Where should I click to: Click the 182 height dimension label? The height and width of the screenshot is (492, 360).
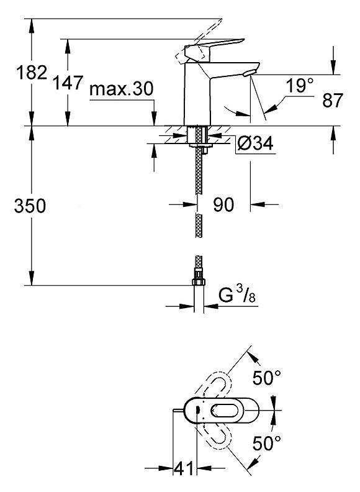click(32, 73)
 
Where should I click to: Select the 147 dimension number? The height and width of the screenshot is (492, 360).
click(68, 83)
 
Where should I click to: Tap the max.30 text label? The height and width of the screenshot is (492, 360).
click(122, 89)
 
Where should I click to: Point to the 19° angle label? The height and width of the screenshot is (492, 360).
click(299, 85)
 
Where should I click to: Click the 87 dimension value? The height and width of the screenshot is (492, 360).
click(333, 101)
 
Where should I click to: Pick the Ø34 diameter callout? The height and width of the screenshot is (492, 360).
click(255, 143)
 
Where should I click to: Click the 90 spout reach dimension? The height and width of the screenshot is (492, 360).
click(223, 205)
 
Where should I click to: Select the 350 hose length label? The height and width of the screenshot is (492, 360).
click(30, 206)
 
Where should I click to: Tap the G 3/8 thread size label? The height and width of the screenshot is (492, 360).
click(237, 295)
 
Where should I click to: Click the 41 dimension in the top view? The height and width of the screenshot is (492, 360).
click(184, 469)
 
